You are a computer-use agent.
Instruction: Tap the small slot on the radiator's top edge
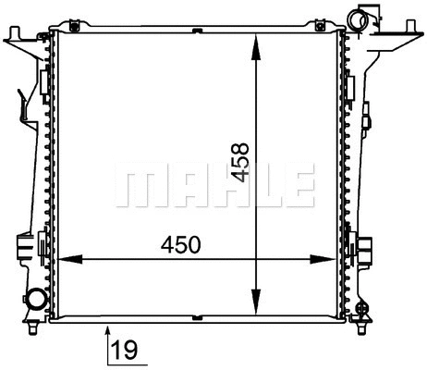(x=197, y=31)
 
